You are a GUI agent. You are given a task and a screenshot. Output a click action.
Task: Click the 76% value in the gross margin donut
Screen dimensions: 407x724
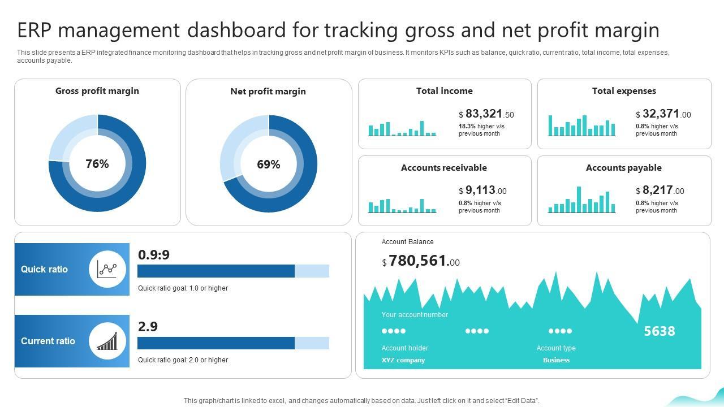(97, 164)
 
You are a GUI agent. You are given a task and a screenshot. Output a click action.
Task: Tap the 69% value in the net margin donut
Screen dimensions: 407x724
(268, 164)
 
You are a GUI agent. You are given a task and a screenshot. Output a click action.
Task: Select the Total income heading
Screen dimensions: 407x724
(444, 91)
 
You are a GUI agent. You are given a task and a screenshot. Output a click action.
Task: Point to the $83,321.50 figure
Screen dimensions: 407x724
(486, 114)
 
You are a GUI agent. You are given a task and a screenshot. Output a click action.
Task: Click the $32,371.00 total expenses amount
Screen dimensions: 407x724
(663, 114)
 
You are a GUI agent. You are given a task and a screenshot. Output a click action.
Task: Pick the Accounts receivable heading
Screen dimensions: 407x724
(443, 168)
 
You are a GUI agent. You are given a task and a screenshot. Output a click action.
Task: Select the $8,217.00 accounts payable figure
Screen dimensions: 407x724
(660, 191)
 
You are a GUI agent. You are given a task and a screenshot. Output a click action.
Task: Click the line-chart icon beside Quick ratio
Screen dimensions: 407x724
(107, 269)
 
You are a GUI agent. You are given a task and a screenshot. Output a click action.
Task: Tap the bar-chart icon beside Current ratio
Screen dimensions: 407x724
(107, 341)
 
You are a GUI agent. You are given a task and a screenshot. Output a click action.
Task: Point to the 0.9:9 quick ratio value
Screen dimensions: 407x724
(154, 255)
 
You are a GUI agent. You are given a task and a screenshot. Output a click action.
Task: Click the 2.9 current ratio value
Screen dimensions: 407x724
(148, 327)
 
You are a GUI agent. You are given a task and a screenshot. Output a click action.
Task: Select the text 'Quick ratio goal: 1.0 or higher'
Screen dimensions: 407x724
(183, 288)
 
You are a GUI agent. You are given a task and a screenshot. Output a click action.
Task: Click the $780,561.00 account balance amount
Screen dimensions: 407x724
(421, 261)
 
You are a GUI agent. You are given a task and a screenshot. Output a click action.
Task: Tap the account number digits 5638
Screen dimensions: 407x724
(659, 331)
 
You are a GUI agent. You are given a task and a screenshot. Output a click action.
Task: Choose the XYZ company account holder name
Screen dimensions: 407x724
(403, 360)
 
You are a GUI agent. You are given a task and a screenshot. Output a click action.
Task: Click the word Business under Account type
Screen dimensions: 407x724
(556, 360)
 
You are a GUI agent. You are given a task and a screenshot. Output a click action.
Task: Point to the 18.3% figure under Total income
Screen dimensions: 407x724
(467, 127)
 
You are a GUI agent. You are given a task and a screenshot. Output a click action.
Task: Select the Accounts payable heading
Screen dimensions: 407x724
(623, 168)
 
